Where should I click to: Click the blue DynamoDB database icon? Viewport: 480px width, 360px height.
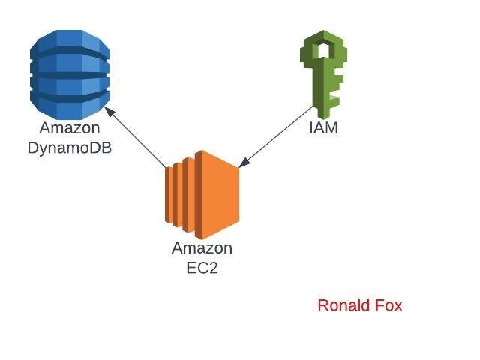click(70, 69)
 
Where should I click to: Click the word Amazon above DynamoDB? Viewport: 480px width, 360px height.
click(70, 129)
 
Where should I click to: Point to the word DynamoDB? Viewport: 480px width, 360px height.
click(70, 148)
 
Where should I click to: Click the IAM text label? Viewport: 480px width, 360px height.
click(323, 128)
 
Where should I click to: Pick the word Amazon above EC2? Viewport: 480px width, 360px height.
click(202, 248)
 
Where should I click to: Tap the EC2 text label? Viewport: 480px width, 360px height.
click(202, 267)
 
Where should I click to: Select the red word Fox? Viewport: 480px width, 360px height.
click(388, 305)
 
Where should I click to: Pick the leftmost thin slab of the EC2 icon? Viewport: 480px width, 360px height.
click(168, 195)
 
